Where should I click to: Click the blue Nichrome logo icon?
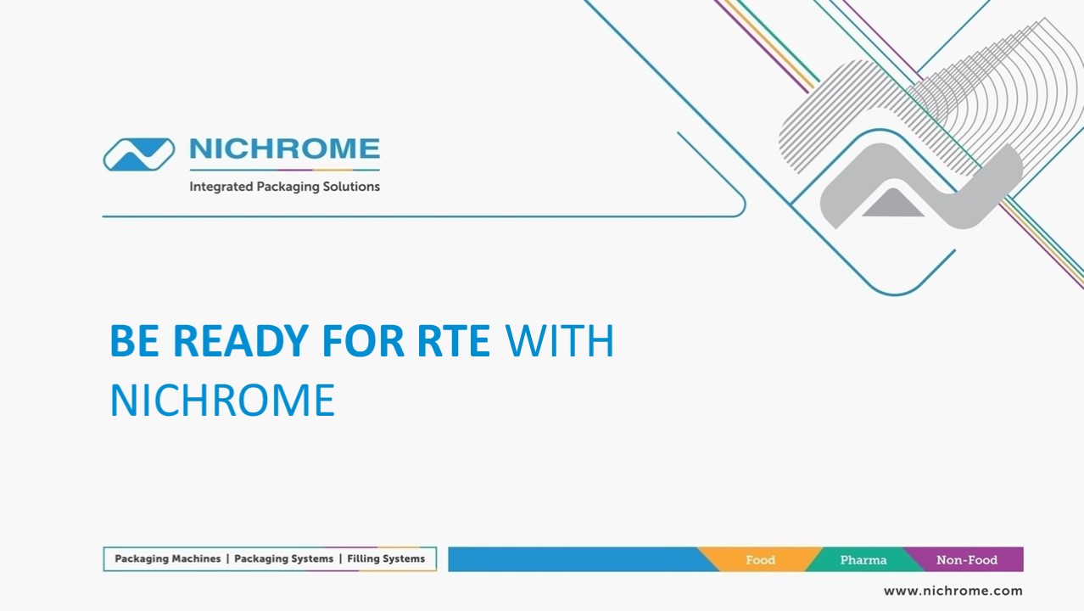click(139, 154)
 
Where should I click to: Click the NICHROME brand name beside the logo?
click(284, 149)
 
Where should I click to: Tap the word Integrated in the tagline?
click(221, 187)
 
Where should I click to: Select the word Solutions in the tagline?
click(347, 187)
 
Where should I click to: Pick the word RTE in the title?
click(453, 341)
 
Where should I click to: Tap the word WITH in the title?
click(560, 341)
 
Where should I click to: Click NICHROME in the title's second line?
click(222, 401)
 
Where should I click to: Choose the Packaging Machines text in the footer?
click(167, 559)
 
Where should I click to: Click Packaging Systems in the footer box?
click(283, 559)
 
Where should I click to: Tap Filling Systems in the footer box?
click(386, 559)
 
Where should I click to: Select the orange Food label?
click(760, 560)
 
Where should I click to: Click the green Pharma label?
click(863, 560)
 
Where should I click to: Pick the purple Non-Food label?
click(967, 560)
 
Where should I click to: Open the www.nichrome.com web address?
click(953, 591)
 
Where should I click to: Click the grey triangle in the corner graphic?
click(892, 204)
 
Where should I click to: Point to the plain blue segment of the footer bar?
click(573, 560)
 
